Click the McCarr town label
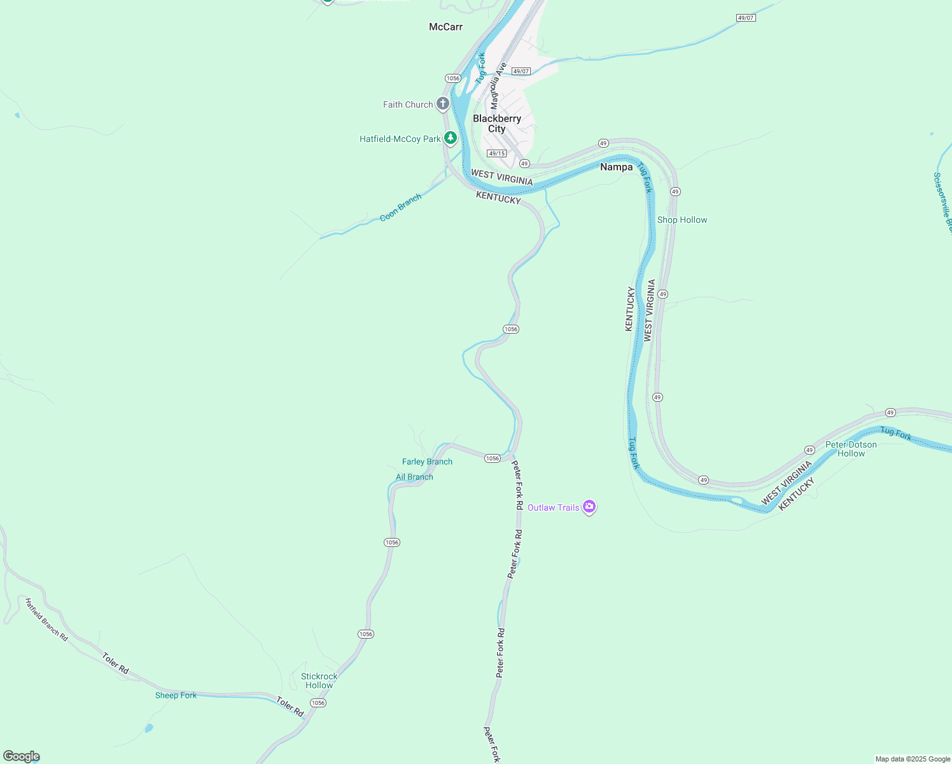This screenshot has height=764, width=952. pos(445,27)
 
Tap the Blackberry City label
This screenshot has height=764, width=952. pos(497,124)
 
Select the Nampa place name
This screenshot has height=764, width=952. pos(616,167)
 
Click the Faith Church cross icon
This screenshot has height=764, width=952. pos(443,104)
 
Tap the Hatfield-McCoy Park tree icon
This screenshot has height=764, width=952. pos(451,138)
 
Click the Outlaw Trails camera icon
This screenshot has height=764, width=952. pos(589,507)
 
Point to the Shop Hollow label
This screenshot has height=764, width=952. pos(682,220)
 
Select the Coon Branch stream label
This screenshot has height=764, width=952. pos(400,208)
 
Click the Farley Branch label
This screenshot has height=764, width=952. pos(427,462)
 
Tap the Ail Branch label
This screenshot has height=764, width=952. pos(414,477)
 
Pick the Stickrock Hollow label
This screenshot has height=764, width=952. pos(319,681)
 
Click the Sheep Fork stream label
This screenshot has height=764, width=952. pos(176,695)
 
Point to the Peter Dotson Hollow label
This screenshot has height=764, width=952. pos(851,449)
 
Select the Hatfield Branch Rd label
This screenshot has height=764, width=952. pos(46,619)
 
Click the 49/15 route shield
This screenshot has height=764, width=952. pos(496,153)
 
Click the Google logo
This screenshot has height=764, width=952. pos(21,756)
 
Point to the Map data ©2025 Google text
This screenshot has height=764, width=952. pos(913,759)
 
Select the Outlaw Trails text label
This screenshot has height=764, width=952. pos(553,507)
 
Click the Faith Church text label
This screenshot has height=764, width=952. pos(407,104)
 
